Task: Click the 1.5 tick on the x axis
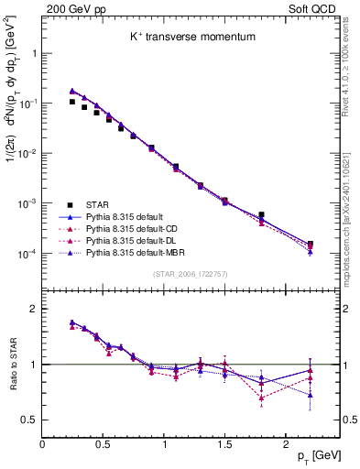pyautogui.click(x=224, y=444)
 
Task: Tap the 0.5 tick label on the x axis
pyautogui.click(x=103, y=444)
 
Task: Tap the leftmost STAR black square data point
pyautogui.click(x=72, y=102)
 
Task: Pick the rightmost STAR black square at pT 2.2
pyautogui.click(x=310, y=245)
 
